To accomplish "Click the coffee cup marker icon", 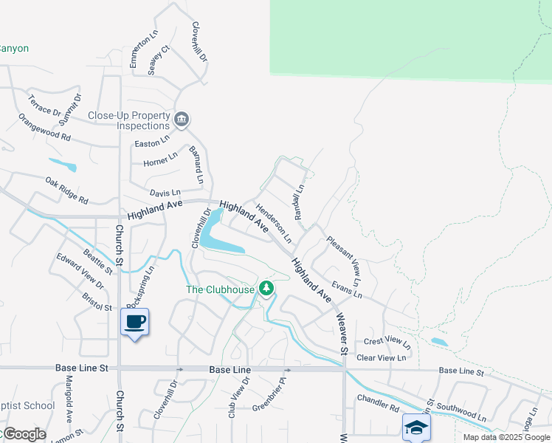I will click(134, 322).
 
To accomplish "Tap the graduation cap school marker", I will click(416, 427).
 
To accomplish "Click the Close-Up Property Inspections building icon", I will click(182, 118).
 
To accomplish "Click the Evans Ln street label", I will click(347, 289).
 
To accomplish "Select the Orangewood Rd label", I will click(44, 128).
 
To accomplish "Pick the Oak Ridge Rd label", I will click(66, 190).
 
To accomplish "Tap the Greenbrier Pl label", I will click(269, 396).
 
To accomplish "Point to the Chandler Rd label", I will click(378, 403).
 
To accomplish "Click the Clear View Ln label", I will click(381, 357).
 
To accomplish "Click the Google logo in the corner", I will click(24, 434).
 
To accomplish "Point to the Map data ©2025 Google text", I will click(506, 437).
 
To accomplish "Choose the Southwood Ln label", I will click(461, 411).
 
